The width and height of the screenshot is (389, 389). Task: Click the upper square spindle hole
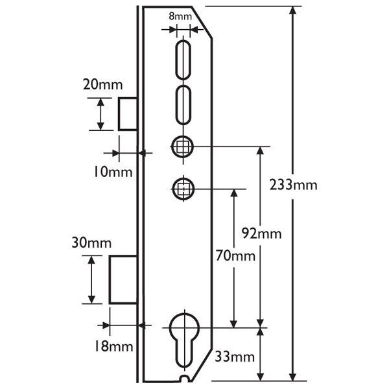[x=183, y=147]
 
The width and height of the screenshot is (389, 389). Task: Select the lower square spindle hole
[x=183, y=189]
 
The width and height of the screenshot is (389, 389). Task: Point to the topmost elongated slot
[x=183, y=59]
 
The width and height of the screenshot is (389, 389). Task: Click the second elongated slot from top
[x=183, y=104]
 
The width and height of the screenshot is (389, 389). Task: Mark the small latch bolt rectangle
[x=126, y=114]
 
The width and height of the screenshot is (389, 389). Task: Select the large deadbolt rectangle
[x=123, y=279]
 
